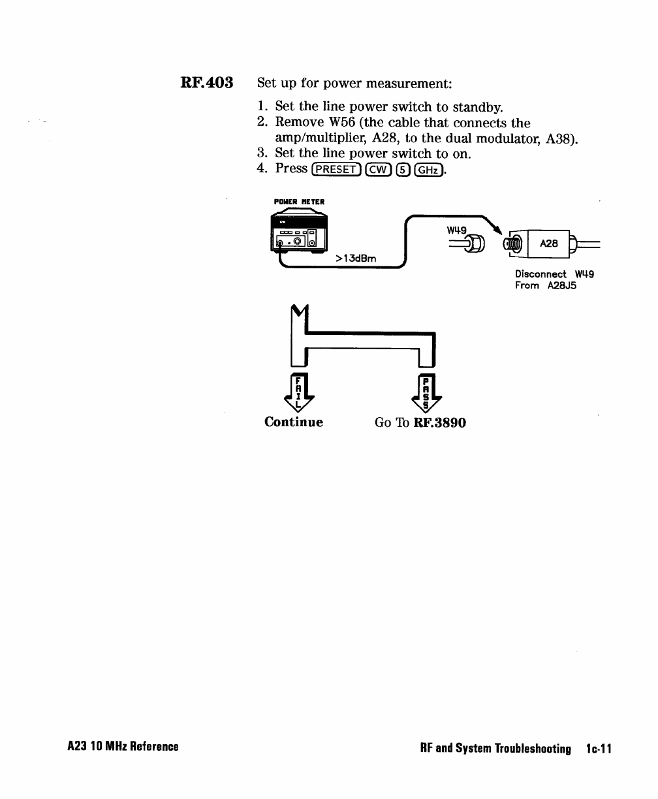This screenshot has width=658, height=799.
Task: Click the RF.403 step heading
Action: point(207,84)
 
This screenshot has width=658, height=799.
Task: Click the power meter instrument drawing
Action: point(298,234)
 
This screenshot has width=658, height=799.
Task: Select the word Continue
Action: point(294,422)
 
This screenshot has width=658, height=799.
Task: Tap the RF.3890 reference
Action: point(440,422)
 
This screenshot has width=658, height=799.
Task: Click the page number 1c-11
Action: point(599,749)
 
